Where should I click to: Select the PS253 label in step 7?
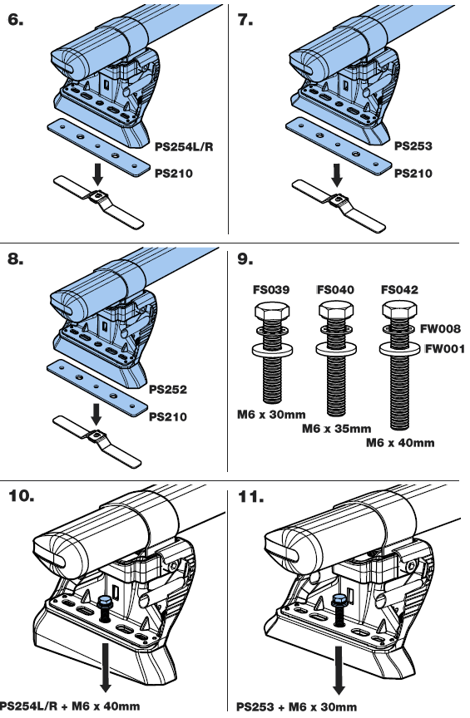(x=413, y=145)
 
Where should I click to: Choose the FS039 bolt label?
(x=271, y=290)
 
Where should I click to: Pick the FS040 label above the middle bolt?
(x=336, y=290)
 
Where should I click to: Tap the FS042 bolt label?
(x=399, y=290)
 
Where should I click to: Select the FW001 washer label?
(x=445, y=349)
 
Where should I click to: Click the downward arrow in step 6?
(x=97, y=174)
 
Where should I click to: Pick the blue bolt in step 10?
(x=106, y=602)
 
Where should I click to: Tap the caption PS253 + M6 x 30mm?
(x=297, y=707)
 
